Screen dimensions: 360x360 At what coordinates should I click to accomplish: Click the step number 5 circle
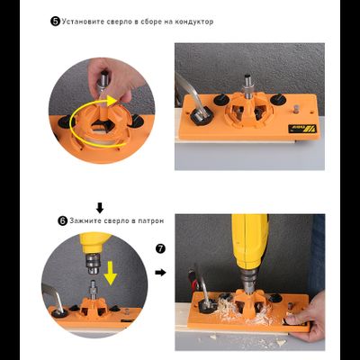pyautogui.click(x=55, y=22)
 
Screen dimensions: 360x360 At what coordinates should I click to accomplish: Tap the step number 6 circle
pyautogui.click(x=63, y=221)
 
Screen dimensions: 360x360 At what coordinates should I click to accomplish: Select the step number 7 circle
pyautogui.click(x=161, y=248)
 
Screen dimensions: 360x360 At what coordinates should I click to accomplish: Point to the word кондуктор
pyautogui.click(x=194, y=22)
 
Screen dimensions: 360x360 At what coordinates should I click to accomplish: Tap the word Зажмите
pyautogui.click(x=85, y=220)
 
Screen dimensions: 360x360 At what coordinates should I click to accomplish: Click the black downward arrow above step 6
pyautogui.click(x=100, y=208)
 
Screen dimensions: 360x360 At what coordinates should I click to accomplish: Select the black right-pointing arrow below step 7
pyautogui.click(x=161, y=273)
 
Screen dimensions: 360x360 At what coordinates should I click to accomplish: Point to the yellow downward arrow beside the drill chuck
pyautogui.click(x=111, y=274)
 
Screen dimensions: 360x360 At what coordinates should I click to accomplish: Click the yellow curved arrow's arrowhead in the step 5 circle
pyautogui.click(x=111, y=102)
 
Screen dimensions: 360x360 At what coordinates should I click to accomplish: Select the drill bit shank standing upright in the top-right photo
pyautogui.click(x=248, y=86)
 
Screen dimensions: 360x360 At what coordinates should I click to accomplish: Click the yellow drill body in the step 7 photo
pyautogui.click(x=249, y=241)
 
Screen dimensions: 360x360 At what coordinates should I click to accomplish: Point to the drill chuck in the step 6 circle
pyautogui.click(x=94, y=265)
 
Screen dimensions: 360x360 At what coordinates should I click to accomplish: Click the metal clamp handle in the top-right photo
pyautogui.click(x=190, y=93)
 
